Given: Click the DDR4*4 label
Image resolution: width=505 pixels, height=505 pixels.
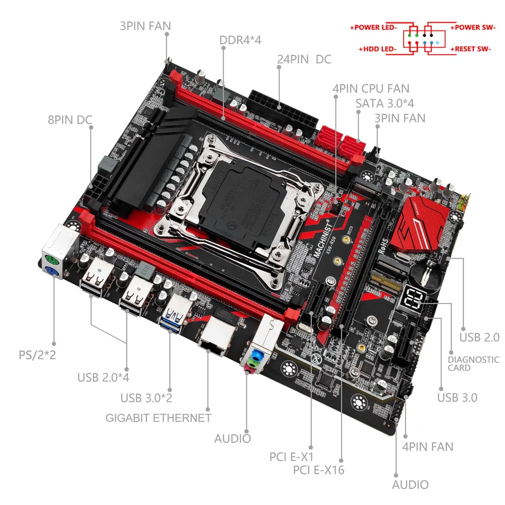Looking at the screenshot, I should pyautogui.click(x=240, y=40).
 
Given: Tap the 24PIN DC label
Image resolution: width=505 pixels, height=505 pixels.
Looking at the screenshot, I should pyautogui.click(x=304, y=59).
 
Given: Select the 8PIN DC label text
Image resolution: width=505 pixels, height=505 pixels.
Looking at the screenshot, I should pyautogui.click(x=70, y=120).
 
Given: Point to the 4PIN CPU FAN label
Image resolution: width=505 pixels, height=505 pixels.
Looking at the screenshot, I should pyautogui.click(x=371, y=89).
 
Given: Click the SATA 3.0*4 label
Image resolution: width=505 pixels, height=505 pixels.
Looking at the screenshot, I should pyautogui.click(x=384, y=103).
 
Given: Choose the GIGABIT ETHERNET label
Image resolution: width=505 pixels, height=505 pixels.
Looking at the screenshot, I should pyautogui.click(x=158, y=418).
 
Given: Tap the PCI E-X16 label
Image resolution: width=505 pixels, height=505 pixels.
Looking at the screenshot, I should pyautogui.click(x=318, y=470).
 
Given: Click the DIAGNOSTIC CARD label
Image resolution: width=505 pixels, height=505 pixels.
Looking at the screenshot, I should pyautogui.click(x=473, y=364).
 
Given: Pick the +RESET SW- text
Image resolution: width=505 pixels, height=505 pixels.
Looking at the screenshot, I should pyautogui.click(x=470, y=49).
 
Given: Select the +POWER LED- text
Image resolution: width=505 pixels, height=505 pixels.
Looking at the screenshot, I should pyautogui.click(x=373, y=27).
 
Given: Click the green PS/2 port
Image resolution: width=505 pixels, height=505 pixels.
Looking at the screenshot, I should pyautogui.click(x=51, y=261).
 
